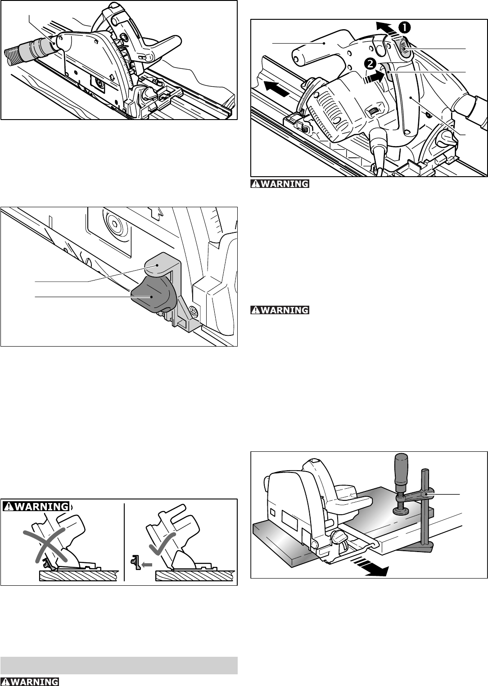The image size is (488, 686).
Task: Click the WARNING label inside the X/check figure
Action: (x=36, y=506)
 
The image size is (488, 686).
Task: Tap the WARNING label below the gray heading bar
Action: (x=30, y=682)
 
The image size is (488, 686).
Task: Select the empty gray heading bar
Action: (x=119, y=665)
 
